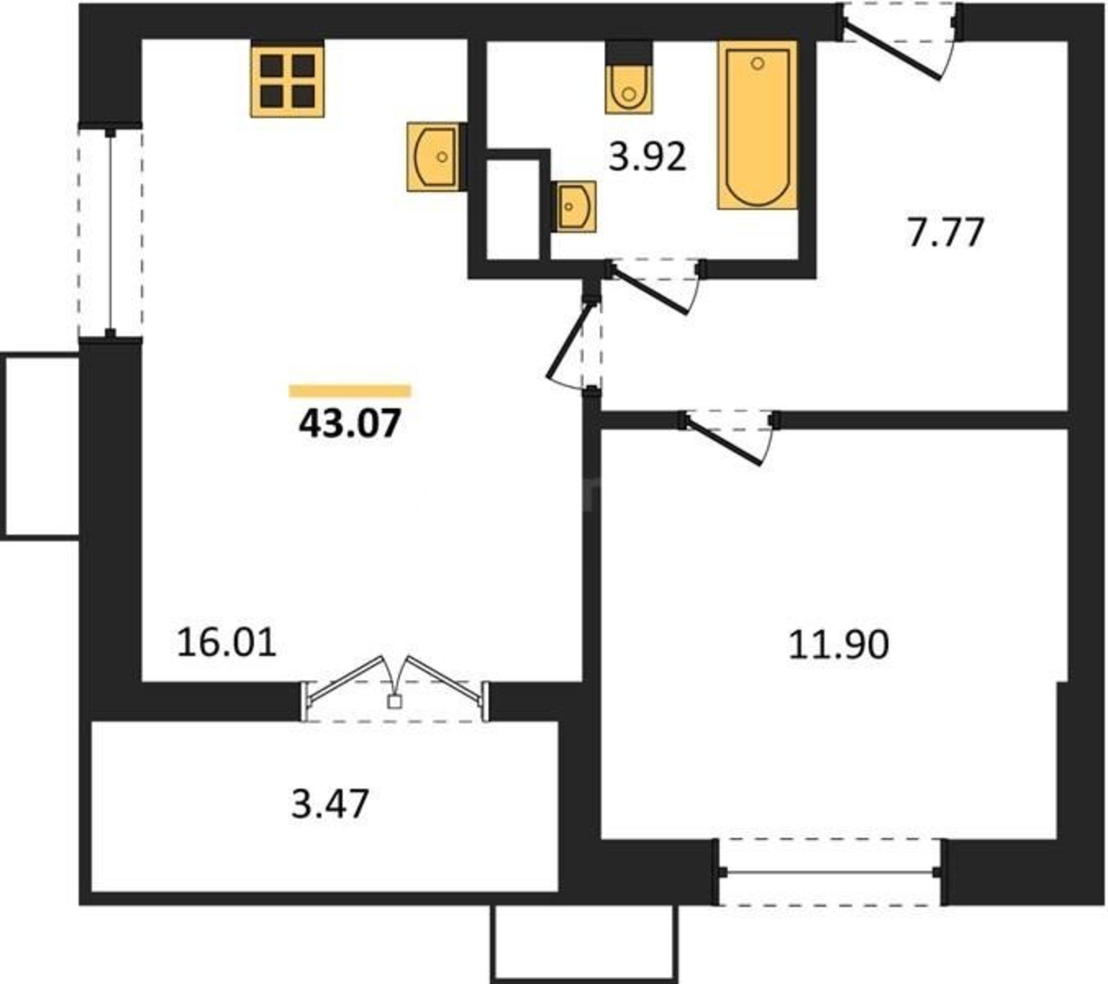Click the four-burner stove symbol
pos(287,81)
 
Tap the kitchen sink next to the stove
pos(433,157)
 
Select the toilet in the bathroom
pos(628,89)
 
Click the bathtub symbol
pos(757,125)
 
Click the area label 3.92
pos(647,157)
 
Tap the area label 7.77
pos(945,233)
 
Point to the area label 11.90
pos(838,645)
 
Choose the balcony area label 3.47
pos(330,804)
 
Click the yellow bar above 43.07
pos(350,391)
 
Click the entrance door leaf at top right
pos(892,51)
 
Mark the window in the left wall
pos(111,233)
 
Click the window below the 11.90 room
pos(829,873)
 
